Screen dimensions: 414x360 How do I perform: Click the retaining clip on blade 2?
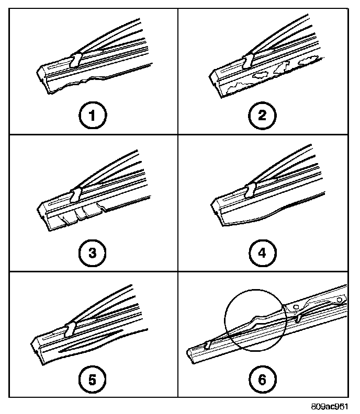pos(246,60)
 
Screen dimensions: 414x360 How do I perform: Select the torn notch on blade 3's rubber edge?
pos(104,209)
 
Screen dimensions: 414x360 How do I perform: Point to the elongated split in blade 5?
pos(92,349)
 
